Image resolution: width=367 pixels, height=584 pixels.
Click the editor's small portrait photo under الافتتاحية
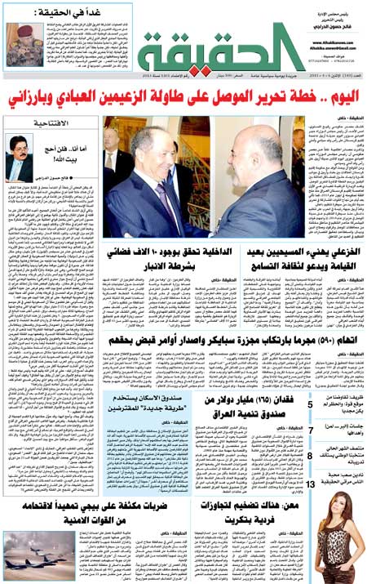click(x=19, y=154)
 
